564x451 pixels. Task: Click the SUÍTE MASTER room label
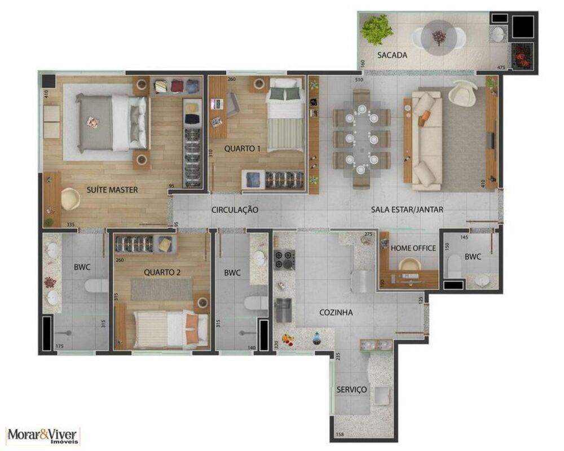coord(112,190)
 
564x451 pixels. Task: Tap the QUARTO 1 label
coord(242,149)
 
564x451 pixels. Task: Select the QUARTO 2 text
coord(162,272)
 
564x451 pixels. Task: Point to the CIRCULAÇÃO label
coord(235,210)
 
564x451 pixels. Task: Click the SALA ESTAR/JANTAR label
coord(407,210)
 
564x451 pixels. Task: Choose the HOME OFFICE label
coord(413,247)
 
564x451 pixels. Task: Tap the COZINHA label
coord(336,312)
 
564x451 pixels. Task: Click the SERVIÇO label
coord(352,390)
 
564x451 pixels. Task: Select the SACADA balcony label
coord(392,55)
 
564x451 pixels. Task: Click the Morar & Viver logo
coord(44,435)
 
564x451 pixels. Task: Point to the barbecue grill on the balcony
coord(522,58)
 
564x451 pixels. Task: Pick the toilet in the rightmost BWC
coord(453,266)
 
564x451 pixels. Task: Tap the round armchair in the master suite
coord(70,197)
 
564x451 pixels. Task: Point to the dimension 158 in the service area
coord(340,434)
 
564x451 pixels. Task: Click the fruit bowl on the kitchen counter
coord(289,339)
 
